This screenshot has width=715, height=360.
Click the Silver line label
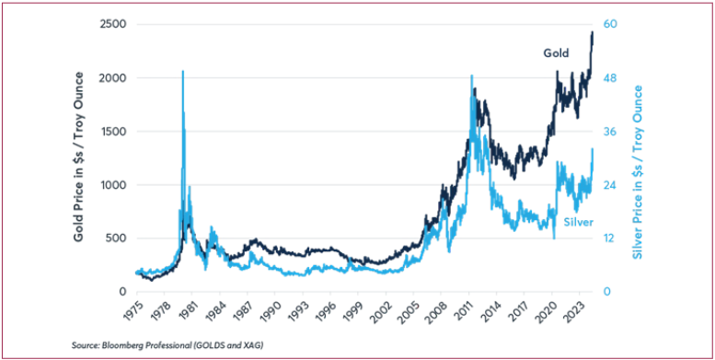coord(576,223)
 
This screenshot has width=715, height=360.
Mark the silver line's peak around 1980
coord(182,72)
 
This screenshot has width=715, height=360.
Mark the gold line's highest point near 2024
coord(592,32)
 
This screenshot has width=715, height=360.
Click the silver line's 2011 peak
coord(471,76)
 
